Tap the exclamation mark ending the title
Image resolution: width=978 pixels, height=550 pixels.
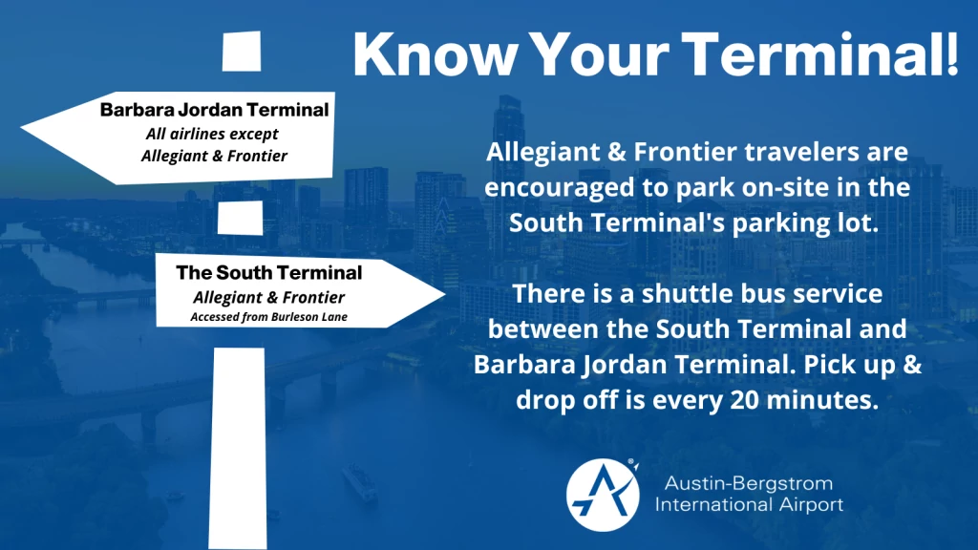(951, 54)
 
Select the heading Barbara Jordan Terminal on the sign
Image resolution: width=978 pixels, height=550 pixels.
(214, 111)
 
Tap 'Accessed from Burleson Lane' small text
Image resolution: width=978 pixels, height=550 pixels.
(268, 316)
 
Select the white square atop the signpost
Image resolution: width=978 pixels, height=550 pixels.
(241, 51)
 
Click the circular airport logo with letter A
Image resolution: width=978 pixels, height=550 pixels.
(603, 494)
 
